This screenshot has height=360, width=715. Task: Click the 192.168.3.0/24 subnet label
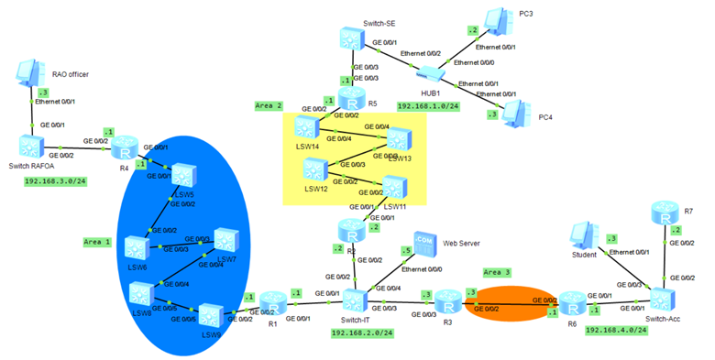(x=56, y=181)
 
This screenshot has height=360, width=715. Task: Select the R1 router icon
(x=272, y=300)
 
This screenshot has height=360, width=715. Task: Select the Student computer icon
(x=583, y=237)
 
